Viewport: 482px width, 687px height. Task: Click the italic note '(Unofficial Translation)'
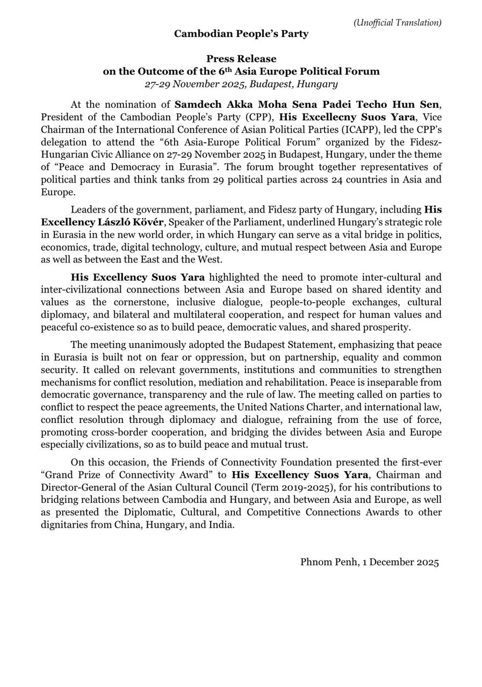coord(397,23)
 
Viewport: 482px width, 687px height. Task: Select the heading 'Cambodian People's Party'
coord(241,34)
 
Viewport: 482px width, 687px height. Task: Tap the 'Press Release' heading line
coord(241,59)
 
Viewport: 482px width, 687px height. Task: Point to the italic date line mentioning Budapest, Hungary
coord(241,84)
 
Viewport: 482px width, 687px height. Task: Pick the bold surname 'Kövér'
coord(147,222)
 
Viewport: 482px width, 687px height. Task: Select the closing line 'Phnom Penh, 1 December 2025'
coord(370,562)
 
